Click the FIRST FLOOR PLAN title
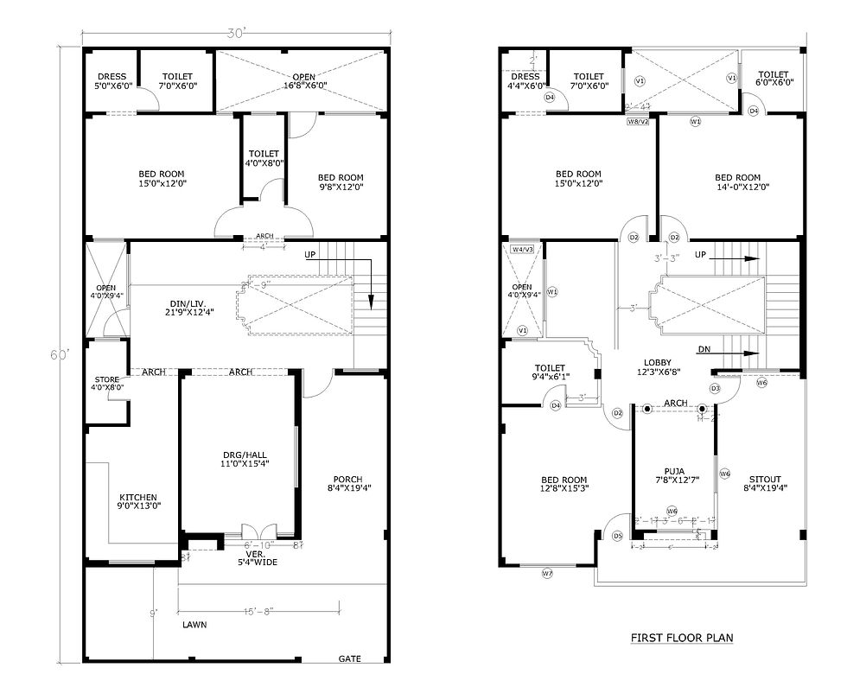[681, 639]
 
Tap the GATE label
[349, 659]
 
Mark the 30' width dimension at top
[236, 33]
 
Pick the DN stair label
[704, 350]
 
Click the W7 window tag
[547, 574]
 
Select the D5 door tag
[617, 537]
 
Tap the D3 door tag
[715, 389]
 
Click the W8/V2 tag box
[638, 122]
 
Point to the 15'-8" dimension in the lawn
[258, 611]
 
